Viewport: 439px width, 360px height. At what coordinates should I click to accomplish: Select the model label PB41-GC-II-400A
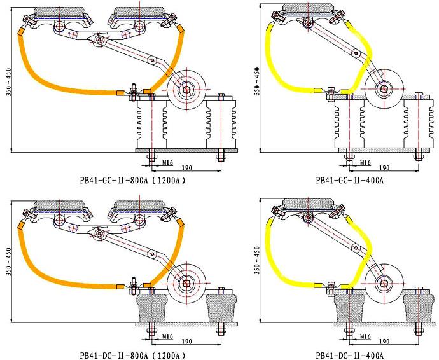point(349,180)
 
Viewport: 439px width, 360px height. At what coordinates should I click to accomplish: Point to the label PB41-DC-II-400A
point(349,355)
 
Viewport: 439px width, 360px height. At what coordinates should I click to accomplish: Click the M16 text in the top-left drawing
point(166,163)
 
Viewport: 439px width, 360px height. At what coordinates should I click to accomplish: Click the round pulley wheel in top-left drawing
point(188,90)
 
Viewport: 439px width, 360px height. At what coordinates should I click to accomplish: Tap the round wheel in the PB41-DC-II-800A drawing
point(186,283)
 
